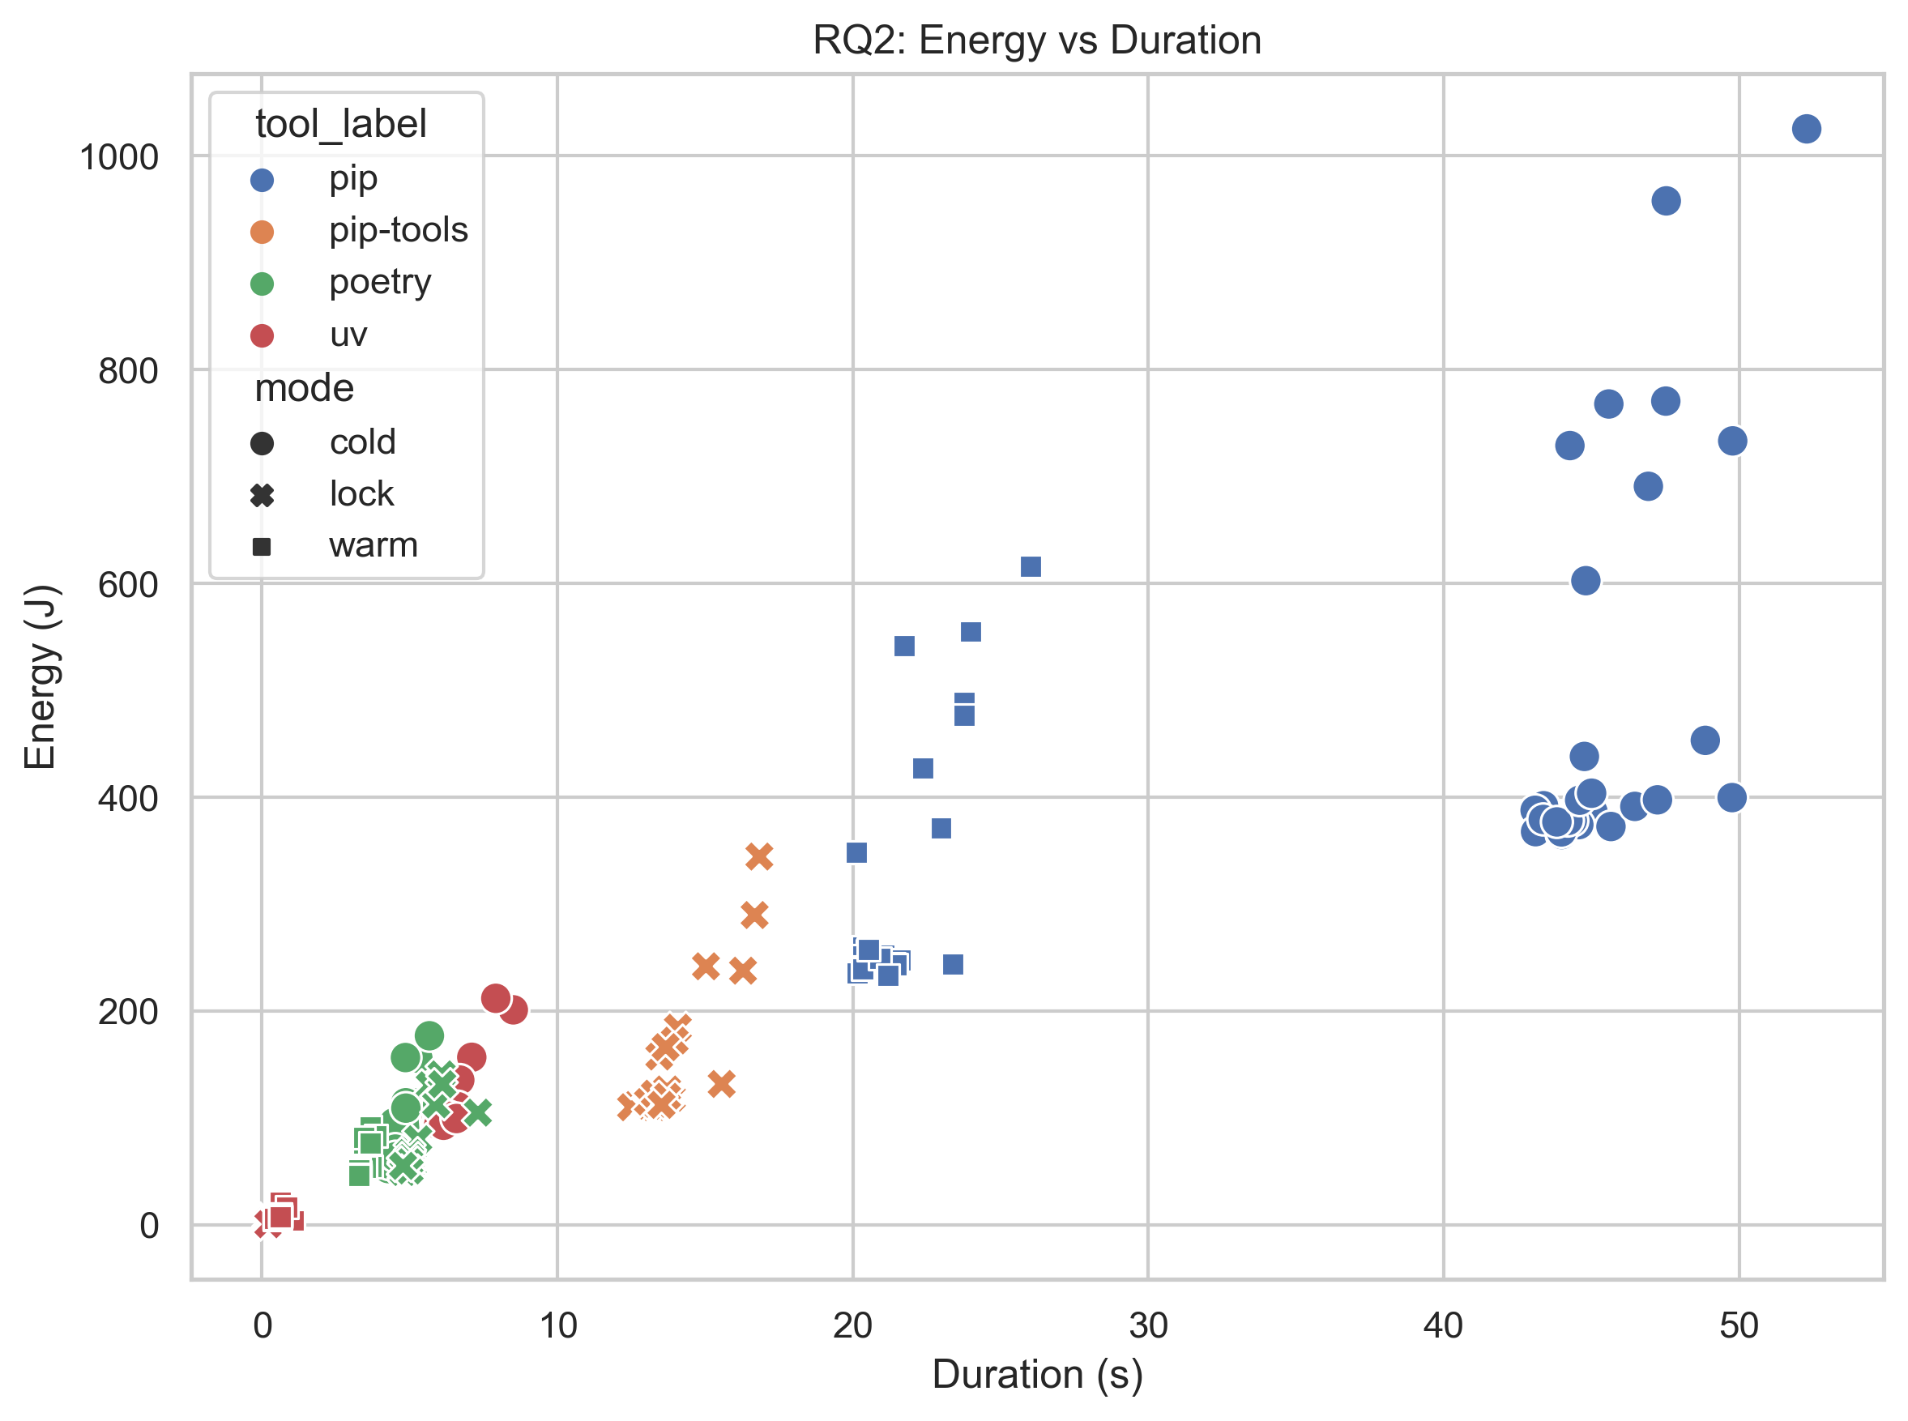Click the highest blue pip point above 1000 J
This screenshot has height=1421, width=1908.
(1806, 129)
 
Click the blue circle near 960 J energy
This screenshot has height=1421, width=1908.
(1666, 201)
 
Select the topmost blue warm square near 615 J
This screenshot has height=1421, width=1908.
(1031, 567)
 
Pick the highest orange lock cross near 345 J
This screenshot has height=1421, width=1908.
(758, 856)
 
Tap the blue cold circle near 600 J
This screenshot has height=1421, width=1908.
(1586, 581)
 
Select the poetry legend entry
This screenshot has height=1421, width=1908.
(379, 282)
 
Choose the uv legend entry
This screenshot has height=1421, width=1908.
(348, 335)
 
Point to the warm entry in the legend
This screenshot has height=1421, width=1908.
(373, 545)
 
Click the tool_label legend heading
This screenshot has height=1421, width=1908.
(340, 124)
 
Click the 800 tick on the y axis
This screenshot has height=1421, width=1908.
(127, 372)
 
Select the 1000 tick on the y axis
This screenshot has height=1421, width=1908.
(119, 157)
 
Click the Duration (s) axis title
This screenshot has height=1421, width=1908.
(1037, 1375)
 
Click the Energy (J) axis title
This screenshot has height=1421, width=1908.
(40, 677)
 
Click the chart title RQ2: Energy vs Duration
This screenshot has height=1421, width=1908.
(1036, 41)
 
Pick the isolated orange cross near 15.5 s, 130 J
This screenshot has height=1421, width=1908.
(722, 1084)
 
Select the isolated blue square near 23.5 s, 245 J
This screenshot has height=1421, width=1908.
(953, 964)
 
